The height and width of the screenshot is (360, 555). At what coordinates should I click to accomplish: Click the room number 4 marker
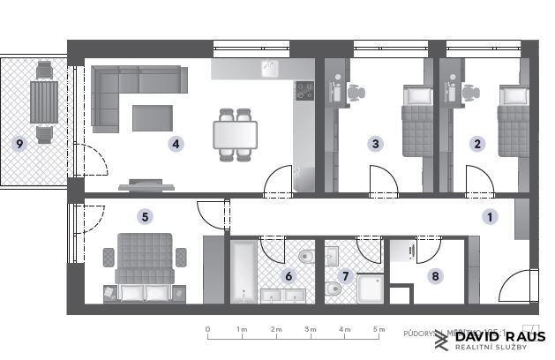click(x=176, y=143)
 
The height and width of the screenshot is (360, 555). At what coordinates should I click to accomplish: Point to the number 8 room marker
click(x=435, y=275)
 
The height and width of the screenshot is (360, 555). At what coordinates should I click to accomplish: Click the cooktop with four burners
click(x=304, y=90)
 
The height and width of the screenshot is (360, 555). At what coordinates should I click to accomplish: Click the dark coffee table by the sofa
click(x=154, y=117)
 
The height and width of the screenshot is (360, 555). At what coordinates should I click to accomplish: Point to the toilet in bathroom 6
click(x=305, y=257)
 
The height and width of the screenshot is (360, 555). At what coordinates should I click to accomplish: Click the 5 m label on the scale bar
click(x=379, y=329)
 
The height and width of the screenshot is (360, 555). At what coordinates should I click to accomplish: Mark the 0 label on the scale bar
click(x=207, y=329)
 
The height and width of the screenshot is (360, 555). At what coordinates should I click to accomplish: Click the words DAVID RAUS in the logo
click(x=499, y=337)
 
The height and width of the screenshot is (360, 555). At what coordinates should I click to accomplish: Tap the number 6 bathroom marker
click(x=289, y=275)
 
